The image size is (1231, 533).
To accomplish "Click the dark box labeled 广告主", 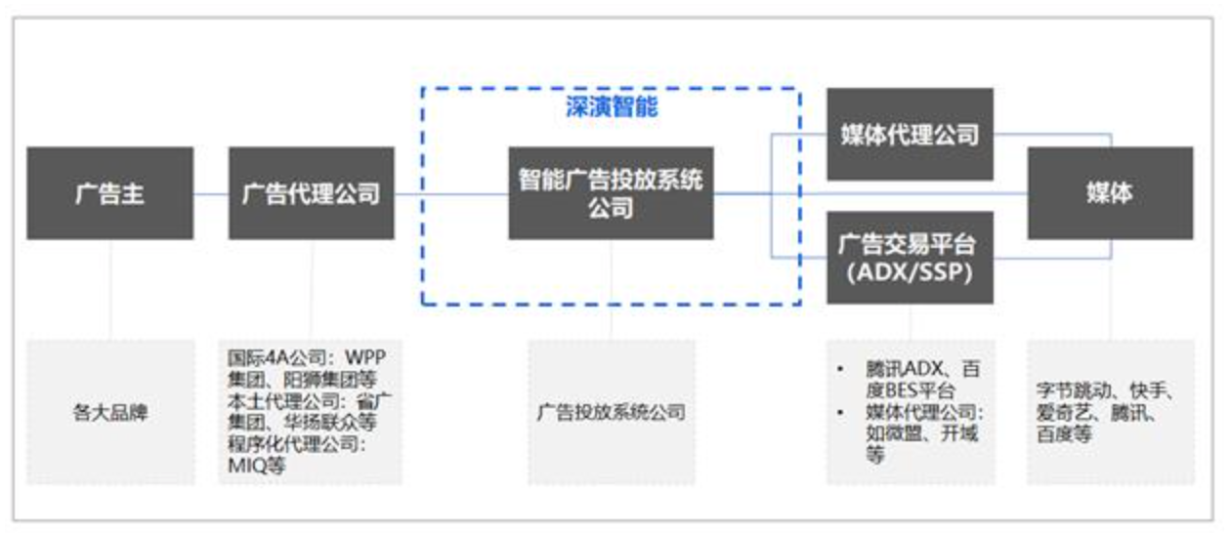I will tap(109, 193).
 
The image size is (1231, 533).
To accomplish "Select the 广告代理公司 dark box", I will tap(312, 193).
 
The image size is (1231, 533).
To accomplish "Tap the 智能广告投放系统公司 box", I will tap(611, 193).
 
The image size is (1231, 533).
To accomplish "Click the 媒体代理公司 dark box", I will tap(910, 135).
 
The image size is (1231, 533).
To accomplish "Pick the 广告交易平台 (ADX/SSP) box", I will tap(910, 257).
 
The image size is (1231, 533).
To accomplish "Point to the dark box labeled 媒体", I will tap(1109, 193).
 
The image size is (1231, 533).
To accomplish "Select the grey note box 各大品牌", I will tap(109, 412).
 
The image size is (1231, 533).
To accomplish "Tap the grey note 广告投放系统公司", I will tap(611, 412).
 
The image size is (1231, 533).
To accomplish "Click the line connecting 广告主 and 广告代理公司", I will tap(211, 193).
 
